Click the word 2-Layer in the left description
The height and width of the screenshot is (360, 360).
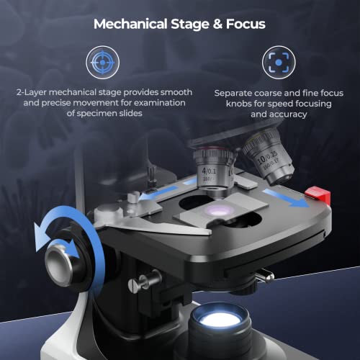pyautogui.click(x=33, y=93)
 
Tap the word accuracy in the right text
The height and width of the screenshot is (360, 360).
pyautogui.click(x=287, y=114)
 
